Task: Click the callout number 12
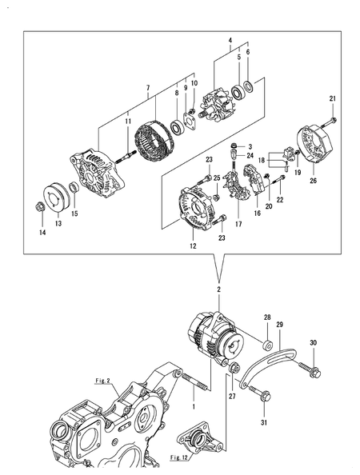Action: [x=192, y=246]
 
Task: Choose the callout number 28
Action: [x=268, y=317]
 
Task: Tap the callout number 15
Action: [x=75, y=214]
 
